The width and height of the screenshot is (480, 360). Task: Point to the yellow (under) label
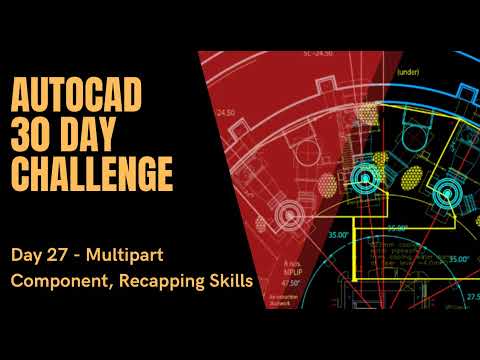click(x=408, y=72)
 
